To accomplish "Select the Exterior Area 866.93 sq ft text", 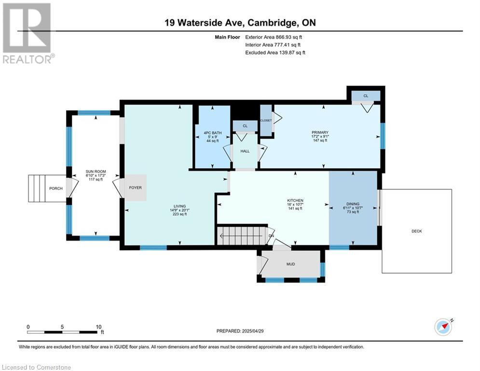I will point(274,37).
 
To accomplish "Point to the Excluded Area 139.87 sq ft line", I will point(275,53).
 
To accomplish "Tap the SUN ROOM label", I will point(96,172).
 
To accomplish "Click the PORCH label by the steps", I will point(56,188).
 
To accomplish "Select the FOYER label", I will point(136,187).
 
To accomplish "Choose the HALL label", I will point(245,151).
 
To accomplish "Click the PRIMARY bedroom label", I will point(320,132).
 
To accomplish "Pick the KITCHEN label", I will point(296,200).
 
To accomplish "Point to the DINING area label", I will point(353,204).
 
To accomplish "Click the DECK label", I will point(417,231).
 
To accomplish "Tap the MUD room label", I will point(290,264).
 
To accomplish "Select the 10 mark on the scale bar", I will point(98,327).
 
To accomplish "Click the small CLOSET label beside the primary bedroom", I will point(266,120).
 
